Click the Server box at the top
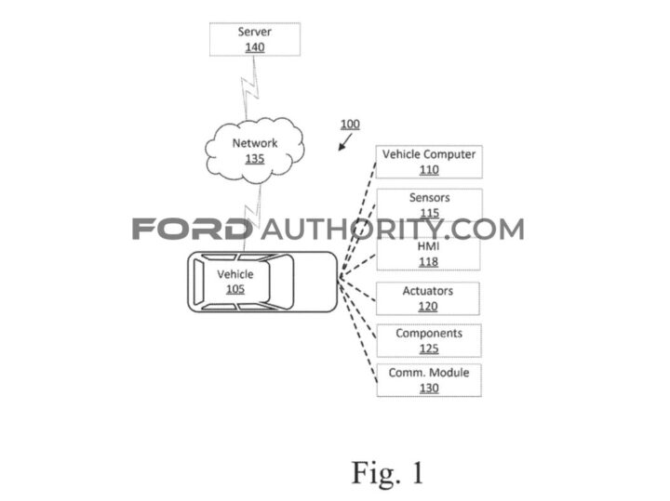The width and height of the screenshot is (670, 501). point(254,39)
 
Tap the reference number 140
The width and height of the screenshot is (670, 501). point(254,47)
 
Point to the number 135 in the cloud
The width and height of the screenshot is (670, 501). point(254,159)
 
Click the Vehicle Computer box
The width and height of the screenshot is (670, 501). point(429,162)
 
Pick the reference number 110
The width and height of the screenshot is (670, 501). point(429,170)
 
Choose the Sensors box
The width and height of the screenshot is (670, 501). point(429,204)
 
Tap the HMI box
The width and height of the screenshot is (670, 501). point(429,255)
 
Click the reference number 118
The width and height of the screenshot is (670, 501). point(429,262)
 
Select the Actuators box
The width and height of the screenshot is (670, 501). point(429,298)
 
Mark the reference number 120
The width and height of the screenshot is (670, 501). point(429,306)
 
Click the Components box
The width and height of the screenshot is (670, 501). point(429,340)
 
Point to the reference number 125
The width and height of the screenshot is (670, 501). point(429,349)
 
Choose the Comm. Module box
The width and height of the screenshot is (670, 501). point(429,380)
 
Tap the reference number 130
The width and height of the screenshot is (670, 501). point(429,389)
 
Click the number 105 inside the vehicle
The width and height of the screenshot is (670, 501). point(235,289)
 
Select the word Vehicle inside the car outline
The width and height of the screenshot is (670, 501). point(235,275)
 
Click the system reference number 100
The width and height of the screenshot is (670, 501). point(349,125)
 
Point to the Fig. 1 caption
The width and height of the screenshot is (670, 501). point(387,471)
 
